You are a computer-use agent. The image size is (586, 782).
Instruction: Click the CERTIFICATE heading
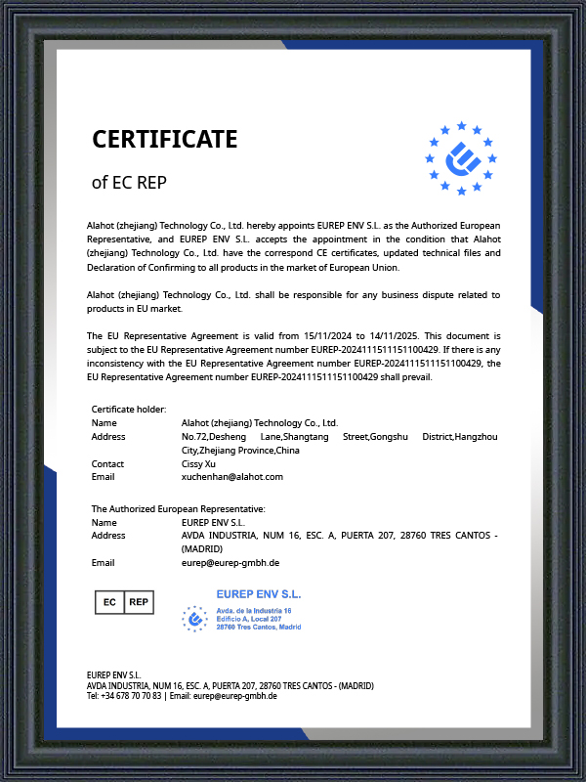point(164,140)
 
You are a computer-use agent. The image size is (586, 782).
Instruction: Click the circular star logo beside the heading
point(461,157)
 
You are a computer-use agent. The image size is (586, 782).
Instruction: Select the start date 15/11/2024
point(328,335)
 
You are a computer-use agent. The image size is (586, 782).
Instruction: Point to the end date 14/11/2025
point(391,335)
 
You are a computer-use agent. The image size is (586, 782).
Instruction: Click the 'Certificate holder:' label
point(129,410)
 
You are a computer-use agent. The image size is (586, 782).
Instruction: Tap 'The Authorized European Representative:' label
point(179,509)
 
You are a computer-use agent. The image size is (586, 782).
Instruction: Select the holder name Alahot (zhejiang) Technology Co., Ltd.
point(259,423)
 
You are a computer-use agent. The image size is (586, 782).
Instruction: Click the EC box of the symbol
point(109,602)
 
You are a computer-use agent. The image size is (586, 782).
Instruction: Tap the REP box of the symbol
point(139,602)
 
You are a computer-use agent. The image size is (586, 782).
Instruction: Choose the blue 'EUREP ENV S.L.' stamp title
point(258,593)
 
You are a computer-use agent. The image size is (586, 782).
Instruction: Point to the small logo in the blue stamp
point(195,618)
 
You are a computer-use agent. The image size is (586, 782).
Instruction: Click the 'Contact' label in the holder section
point(107,463)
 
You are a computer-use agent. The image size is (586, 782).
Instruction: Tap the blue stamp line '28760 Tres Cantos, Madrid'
point(258,627)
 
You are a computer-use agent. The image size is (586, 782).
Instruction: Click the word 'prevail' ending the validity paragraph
point(415,376)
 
